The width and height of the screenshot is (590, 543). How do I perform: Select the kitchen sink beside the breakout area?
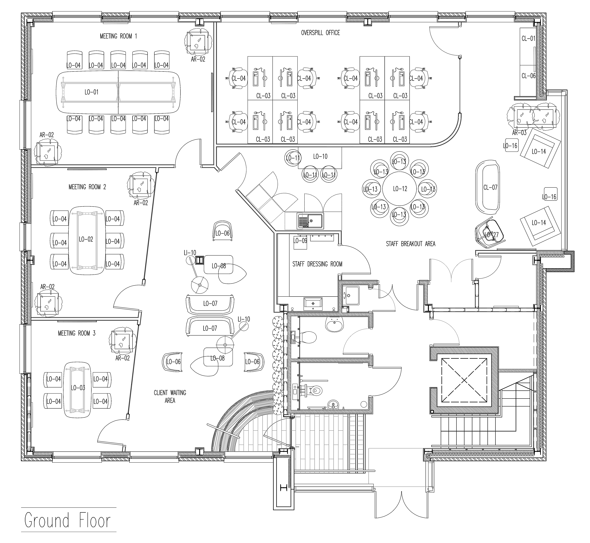[x=310, y=221]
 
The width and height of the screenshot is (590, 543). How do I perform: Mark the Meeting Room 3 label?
[x=77, y=333]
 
